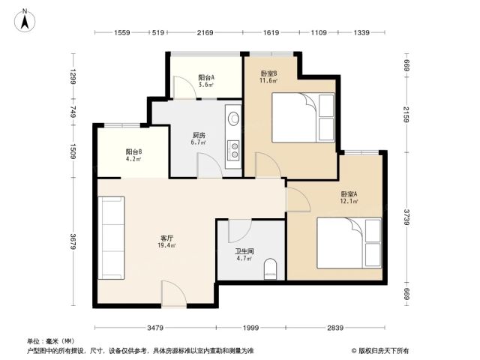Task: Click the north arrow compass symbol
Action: pyautogui.click(x=25, y=21)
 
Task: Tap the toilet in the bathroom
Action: pyautogui.click(x=270, y=269)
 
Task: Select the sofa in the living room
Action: pyautogui.click(x=111, y=238)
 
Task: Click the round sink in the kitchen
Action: pyautogui.click(x=234, y=118)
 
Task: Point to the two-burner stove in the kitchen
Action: pyautogui.click(x=234, y=150)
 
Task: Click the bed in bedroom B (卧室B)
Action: pyautogui.click(x=303, y=118)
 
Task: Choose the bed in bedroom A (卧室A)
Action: pyautogui.click(x=349, y=243)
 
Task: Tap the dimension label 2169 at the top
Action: pyautogui.click(x=205, y=32)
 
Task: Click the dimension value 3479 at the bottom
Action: pyautogui.click(x=155, y=328)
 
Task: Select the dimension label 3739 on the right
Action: pyautogui.click(x=406, y=217)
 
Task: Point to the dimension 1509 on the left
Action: pyautogui.click(x=73, y=151)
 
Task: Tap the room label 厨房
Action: pyautogui.click(x=199, y=135)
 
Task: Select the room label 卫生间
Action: pyautogui.click(x=244, y=251)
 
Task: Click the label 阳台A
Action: pyautogui.click(x=206, y=77)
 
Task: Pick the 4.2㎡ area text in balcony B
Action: pyautogui.click(x=133, y=159)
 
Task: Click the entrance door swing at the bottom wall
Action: pyautogui.click(x=174, y=294)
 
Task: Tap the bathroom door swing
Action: pyautogui.click(x=240, y=231)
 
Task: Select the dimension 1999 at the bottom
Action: pyautogui.click(x=250, y=328)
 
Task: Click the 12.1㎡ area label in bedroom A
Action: pyautogui.click(x=349, y=201)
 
